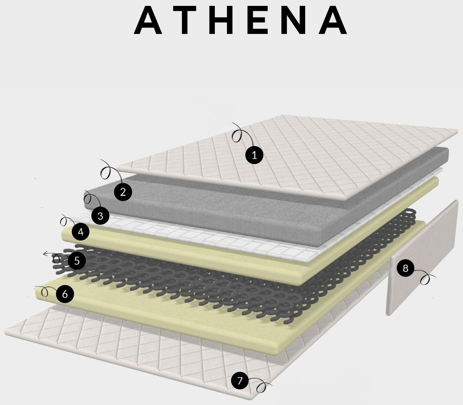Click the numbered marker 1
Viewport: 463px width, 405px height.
pyautogui.click(x=254, y=155)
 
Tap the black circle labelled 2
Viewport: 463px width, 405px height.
pyautogui.click(x=123, y=192)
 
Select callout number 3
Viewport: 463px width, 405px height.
pyautogui.click(x=100, y=216)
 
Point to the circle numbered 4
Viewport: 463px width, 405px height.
pyautogui.click(x=81, y=232)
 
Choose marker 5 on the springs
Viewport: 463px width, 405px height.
pyautogui.click(x=77, y=261)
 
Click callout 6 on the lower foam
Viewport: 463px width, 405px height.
pyautogui.click(x=65, y=294)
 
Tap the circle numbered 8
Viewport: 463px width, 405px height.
pyautogui.click(x=405, y=268)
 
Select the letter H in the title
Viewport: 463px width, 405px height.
pyautogui.click(x=222, y=20)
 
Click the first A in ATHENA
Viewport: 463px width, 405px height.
pyautogui.click(x=148, y=20)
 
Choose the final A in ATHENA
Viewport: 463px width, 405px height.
pyautogui.click(x=333, y=20)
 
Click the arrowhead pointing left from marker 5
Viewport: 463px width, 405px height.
pyautogui.click(x=44, y=254)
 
